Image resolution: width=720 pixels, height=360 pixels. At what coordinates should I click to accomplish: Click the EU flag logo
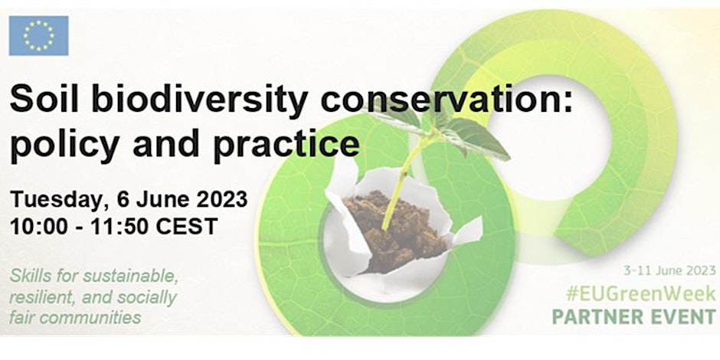coord(38,35)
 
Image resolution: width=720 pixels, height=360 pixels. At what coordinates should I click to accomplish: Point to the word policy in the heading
coord(65,145)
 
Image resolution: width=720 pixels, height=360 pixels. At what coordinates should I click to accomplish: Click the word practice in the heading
coord(286,145)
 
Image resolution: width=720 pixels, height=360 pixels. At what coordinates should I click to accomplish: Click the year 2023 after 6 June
coord(222,199)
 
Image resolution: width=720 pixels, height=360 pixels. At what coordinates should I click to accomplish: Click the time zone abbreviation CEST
coord(186,227)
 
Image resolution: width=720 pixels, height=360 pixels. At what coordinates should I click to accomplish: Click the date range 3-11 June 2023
coord(669,270)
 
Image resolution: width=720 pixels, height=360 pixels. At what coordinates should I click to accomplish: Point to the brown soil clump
coord(396,230)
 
